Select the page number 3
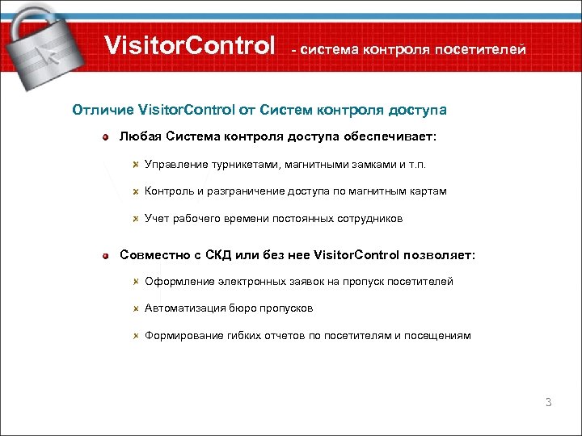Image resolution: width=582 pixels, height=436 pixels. click(548, 401)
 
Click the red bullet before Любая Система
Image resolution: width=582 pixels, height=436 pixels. click(106, 138)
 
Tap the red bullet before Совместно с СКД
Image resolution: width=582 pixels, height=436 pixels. click(106, 256)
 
